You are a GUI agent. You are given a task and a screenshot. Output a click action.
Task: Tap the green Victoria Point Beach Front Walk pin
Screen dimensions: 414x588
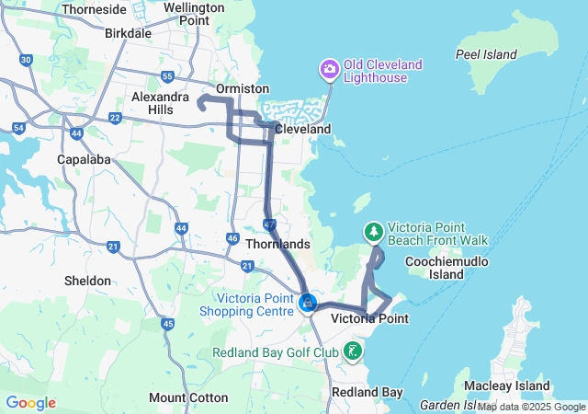pos(374,231)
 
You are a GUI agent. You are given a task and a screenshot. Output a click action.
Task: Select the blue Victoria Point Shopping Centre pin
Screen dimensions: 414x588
pos(309,301)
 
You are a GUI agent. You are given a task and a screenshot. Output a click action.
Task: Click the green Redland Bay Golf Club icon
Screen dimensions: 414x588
pos(352,351)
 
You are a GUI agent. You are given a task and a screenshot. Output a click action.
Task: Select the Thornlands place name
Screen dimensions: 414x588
pos(279,245)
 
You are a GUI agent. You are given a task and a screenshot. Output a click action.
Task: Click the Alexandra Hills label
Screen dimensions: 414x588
pos(161,103)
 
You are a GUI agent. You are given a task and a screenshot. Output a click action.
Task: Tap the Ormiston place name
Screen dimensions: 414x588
pos(242,88)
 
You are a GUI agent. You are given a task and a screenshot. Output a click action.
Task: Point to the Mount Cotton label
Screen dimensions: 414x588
pos(188,398)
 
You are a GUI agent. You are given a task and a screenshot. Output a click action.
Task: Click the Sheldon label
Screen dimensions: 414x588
pos(87,281)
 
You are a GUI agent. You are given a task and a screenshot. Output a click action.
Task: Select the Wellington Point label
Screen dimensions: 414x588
pos(193,14)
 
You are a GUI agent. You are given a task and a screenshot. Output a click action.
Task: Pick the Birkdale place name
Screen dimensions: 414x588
pos(129,33)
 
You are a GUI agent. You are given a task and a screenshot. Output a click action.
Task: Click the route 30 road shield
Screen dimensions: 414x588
pos(26,60)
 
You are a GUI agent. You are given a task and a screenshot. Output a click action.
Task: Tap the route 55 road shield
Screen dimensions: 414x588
pos(167,76)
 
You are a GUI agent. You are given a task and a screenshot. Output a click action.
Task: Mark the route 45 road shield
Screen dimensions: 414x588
pos(167,324)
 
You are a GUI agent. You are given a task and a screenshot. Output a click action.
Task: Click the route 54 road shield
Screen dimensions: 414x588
pos(19,128)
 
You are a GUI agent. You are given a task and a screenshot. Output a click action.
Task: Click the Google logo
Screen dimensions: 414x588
pos(30,403)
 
